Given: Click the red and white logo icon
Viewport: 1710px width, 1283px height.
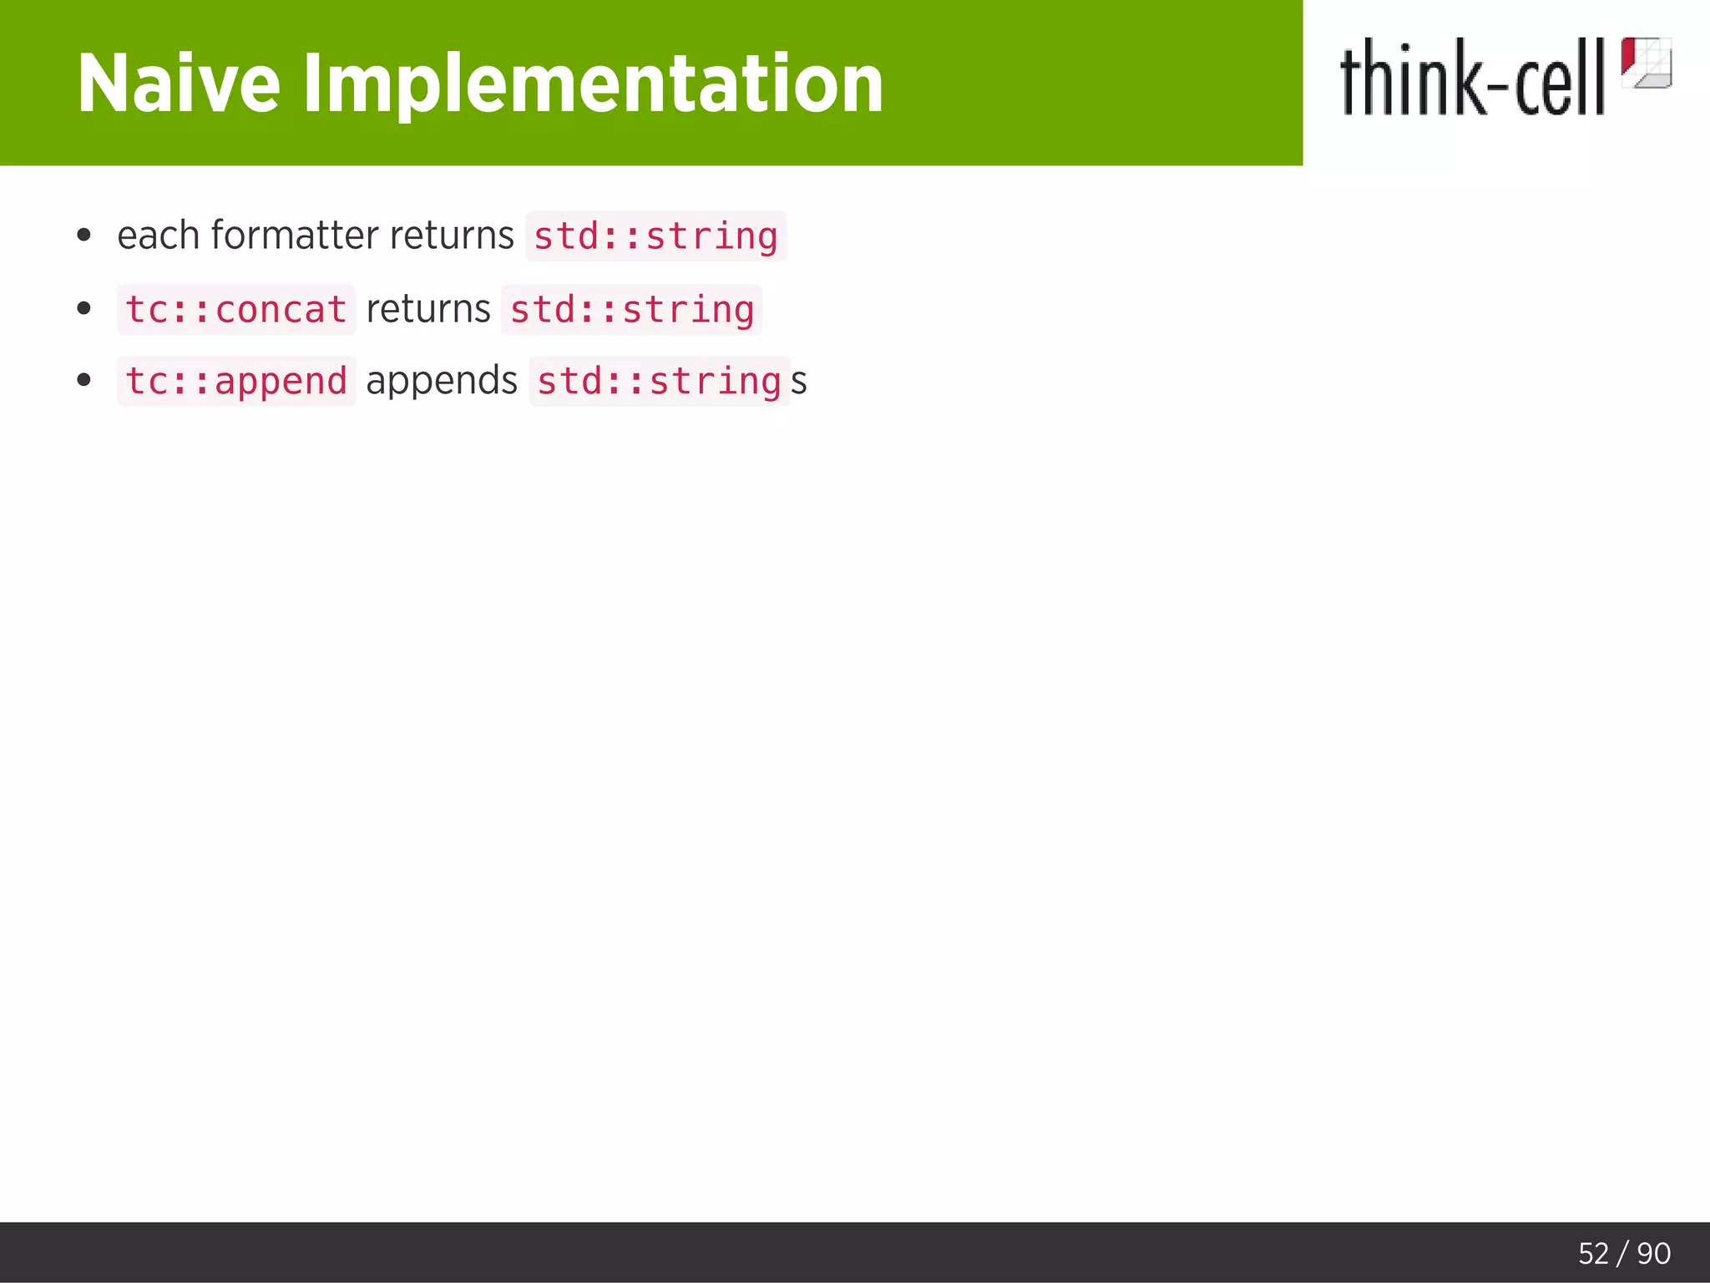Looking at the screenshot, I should [x=1646, y=63].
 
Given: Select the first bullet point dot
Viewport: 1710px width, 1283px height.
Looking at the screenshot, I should [x=83, y=236].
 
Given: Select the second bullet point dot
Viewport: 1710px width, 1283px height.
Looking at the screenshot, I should [x=83, y=309].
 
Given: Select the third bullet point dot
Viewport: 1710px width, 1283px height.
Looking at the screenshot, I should [x=83, y=381].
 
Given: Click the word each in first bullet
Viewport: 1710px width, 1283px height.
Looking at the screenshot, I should [x=158, y=236].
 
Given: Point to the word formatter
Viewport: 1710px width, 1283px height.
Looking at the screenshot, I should [x=294, y=236].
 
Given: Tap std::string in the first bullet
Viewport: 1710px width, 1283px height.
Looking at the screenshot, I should [x=655, y=236].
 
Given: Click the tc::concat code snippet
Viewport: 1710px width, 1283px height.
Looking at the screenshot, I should [x=236, y=310].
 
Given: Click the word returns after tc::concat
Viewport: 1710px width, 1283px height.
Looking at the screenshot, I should [x=428, y=309].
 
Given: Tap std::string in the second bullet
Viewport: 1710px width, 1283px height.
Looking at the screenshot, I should [x=632, y=310].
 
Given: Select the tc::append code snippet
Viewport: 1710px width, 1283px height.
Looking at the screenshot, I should [x=236, y=382].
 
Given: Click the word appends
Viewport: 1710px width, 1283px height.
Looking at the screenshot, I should [x=442, y=381].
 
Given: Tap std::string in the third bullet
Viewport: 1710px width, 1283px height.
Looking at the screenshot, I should [x=659, y=382].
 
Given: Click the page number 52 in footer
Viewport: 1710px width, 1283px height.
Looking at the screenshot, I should [x=1593, y=1254].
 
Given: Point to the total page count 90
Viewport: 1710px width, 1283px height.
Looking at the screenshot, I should [x=1653, y=1254].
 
